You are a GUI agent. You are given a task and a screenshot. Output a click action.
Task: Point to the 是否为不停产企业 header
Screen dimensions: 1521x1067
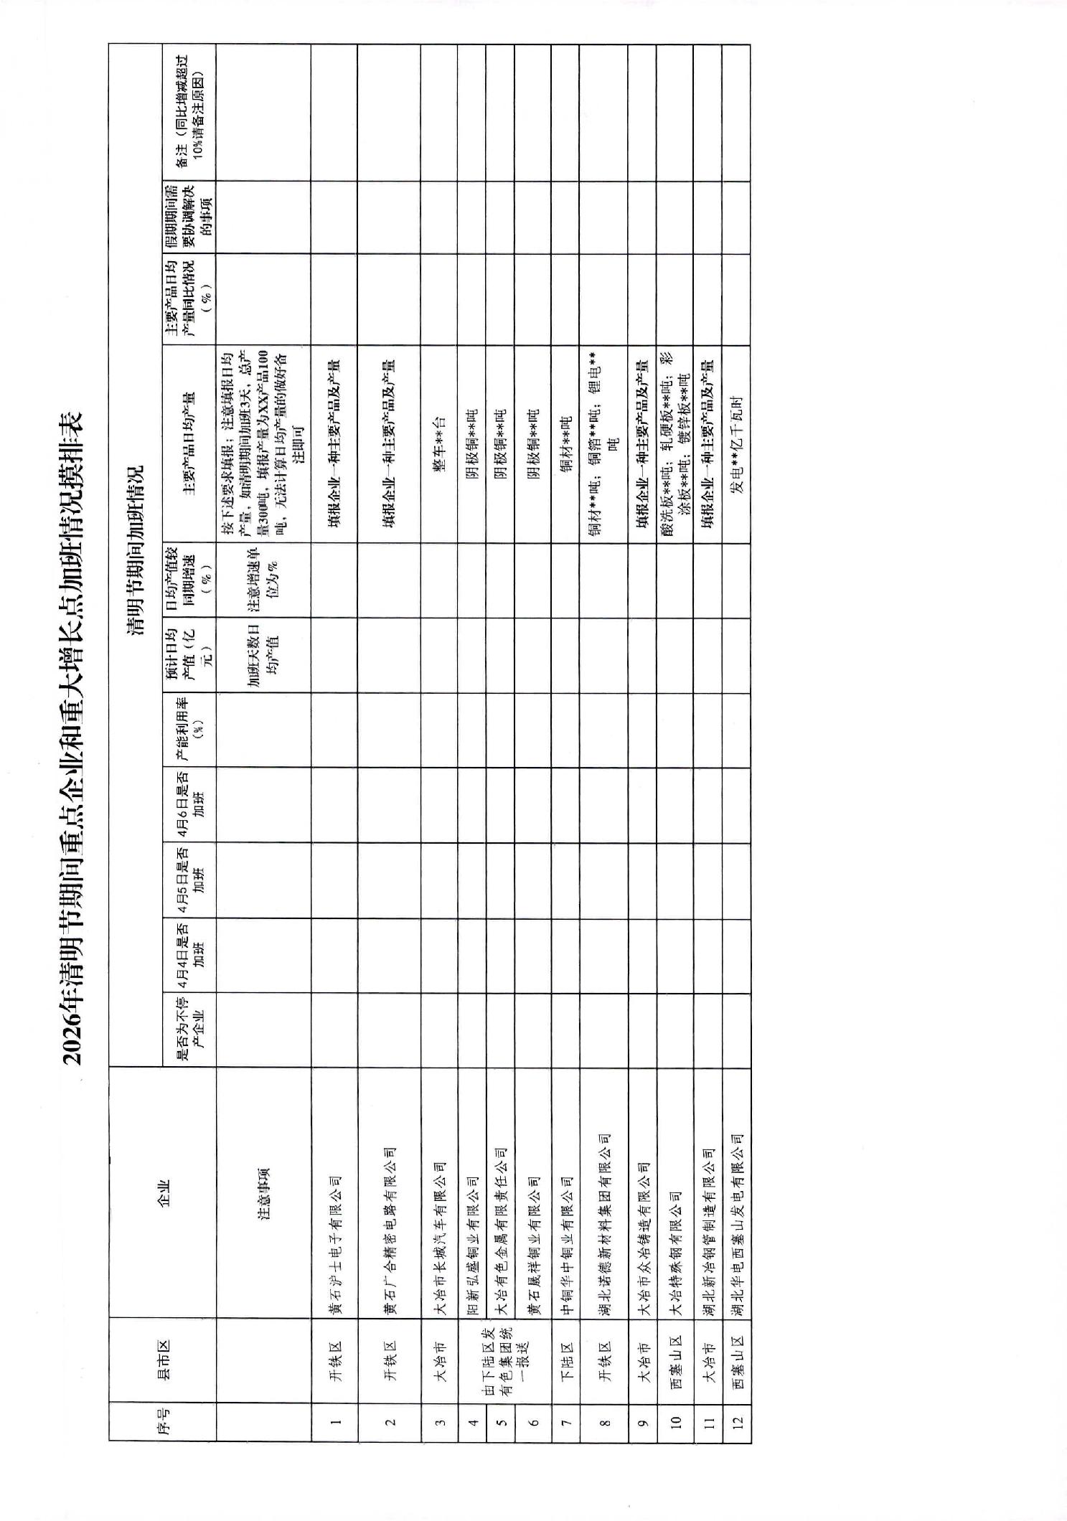pyautogui.click(x=189, y=1030)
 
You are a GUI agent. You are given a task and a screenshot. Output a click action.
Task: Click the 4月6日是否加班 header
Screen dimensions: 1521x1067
pyautogui.click(x=189, y=805)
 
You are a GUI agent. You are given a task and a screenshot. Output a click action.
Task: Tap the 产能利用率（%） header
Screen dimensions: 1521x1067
pyautogui.click(x=189, y=730)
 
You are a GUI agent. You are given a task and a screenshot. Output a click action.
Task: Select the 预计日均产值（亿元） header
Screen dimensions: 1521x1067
pyautogui.click(x=189, y=654)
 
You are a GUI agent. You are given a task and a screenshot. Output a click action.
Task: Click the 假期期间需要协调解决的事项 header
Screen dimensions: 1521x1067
pyautogui.click(x=189, y=217)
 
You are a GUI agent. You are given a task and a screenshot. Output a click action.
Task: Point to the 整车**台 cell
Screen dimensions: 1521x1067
pyautogui.click(x=439, y=444)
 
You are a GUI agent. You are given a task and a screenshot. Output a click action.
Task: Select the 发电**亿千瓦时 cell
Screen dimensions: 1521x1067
pyautogui.click(x=737, y=444)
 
